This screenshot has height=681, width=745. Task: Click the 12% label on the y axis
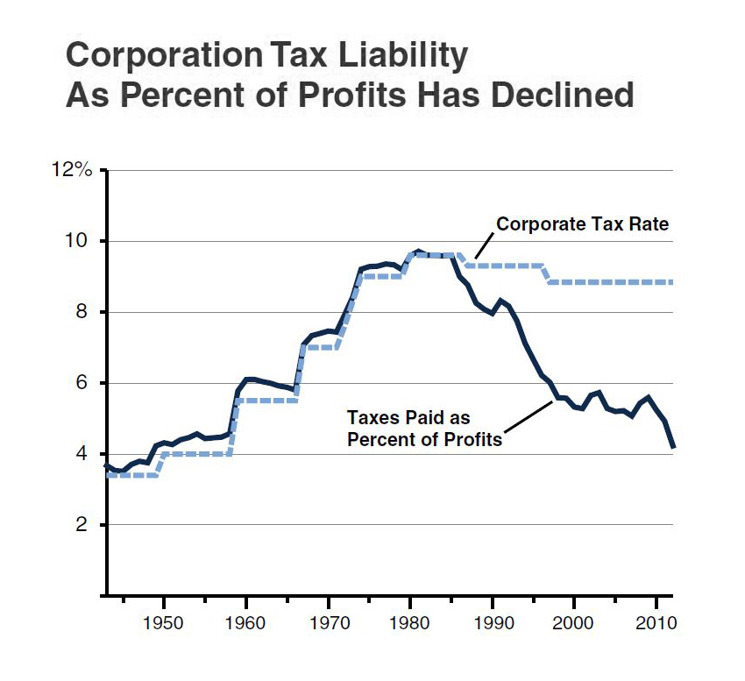[74, 170]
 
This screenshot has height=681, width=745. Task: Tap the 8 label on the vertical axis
[87, 312]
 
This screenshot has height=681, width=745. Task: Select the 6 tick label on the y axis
[87, 383]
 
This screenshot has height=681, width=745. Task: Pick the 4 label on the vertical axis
[87, 454]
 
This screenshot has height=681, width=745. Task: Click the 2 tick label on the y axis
[87, 525]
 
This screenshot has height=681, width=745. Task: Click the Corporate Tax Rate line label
[582, 224]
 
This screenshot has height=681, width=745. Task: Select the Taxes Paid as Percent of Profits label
[424, 429]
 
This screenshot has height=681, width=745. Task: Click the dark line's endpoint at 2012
[673, 447]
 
